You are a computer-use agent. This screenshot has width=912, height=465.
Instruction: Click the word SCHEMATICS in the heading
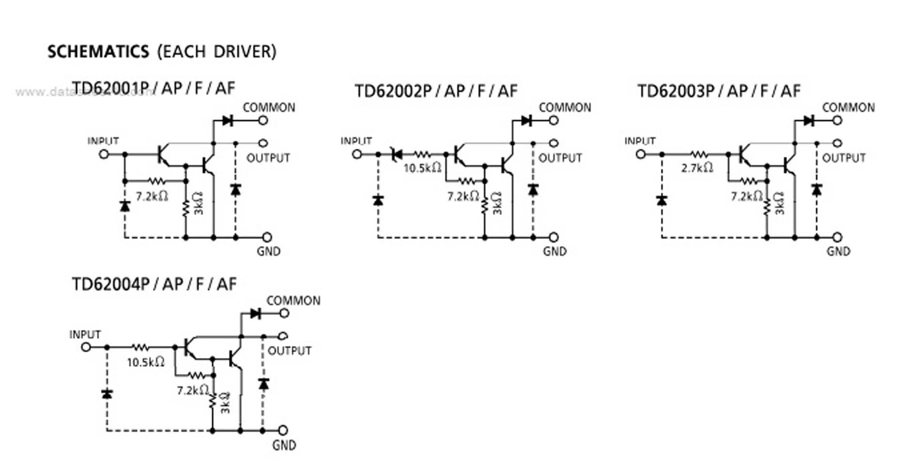pos(98,51)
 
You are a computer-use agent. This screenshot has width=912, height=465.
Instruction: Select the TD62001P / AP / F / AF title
pos(153,88)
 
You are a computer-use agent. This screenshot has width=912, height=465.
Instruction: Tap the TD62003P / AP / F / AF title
pos(719,91)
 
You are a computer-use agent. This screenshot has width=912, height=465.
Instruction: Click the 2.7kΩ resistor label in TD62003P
pos(697,168)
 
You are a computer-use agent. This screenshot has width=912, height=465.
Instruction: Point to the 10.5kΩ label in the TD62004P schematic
pos(145,362)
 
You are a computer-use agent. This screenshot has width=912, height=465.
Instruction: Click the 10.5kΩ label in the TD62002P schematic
pos(422,168)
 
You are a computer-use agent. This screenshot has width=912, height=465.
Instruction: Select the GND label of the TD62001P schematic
pos(269,251)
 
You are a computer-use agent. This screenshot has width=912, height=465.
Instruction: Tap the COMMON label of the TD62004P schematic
pos(293,301)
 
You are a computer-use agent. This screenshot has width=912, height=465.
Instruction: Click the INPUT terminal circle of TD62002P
pos(357,155)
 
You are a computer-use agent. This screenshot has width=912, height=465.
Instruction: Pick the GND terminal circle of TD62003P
pos(837,237)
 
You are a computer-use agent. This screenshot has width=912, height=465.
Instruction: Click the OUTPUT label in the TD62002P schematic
pos(560,158)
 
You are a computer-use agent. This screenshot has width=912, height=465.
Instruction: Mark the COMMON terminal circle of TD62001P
pos(263,120)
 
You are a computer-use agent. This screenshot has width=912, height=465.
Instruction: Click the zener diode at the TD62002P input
pos(396,155)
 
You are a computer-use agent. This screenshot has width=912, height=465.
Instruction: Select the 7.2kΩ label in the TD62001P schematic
pos(152,196)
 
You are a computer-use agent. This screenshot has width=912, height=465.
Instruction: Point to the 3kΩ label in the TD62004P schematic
pos(225,403)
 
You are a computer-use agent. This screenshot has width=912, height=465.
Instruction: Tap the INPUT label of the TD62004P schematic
pos(85,335)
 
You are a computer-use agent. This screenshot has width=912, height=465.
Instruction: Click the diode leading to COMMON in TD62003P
pos(808,120)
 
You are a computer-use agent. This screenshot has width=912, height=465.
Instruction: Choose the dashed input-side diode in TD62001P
pos(125,206)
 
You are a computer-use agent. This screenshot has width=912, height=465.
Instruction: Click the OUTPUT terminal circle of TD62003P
pos(837,143)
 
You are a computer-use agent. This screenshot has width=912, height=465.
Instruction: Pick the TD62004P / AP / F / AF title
pos(154,284)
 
